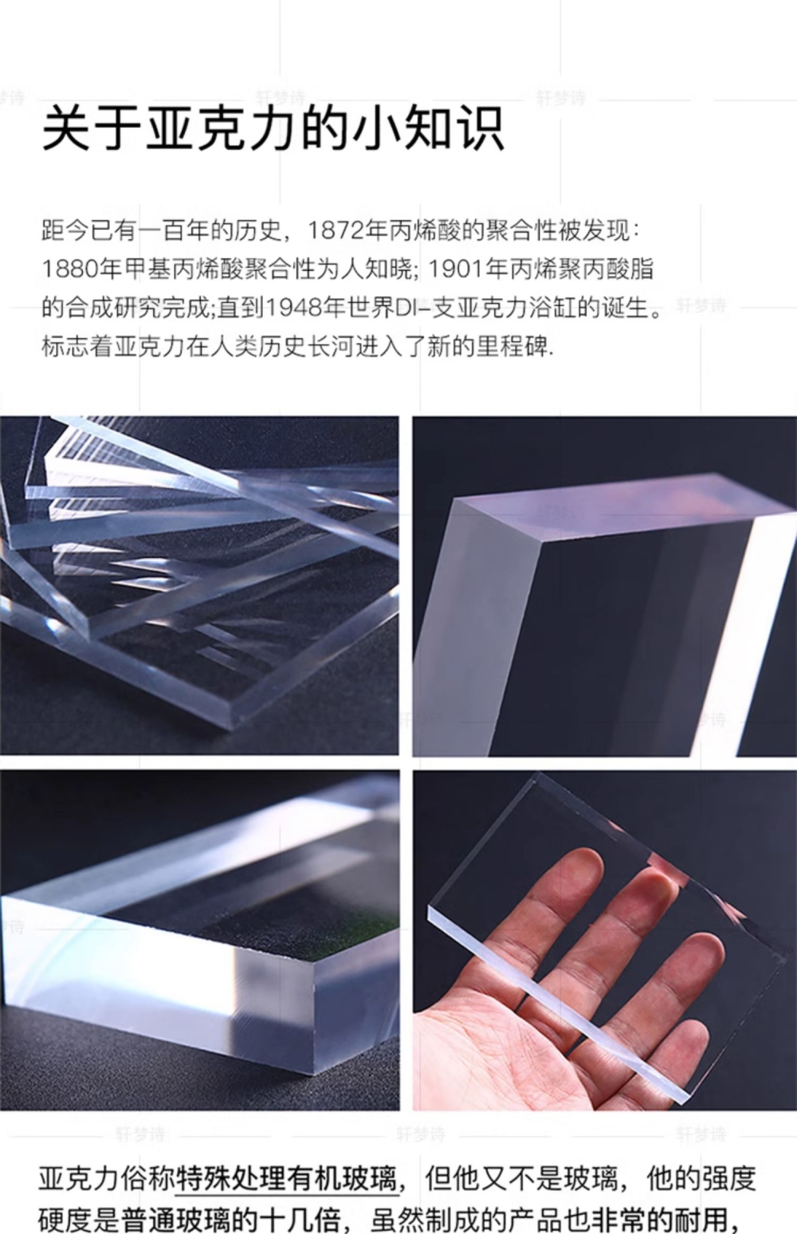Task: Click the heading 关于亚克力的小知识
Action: point(273,130)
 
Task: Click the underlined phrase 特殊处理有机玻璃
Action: point(286,1179)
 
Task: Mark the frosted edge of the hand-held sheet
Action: point(556,1000)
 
